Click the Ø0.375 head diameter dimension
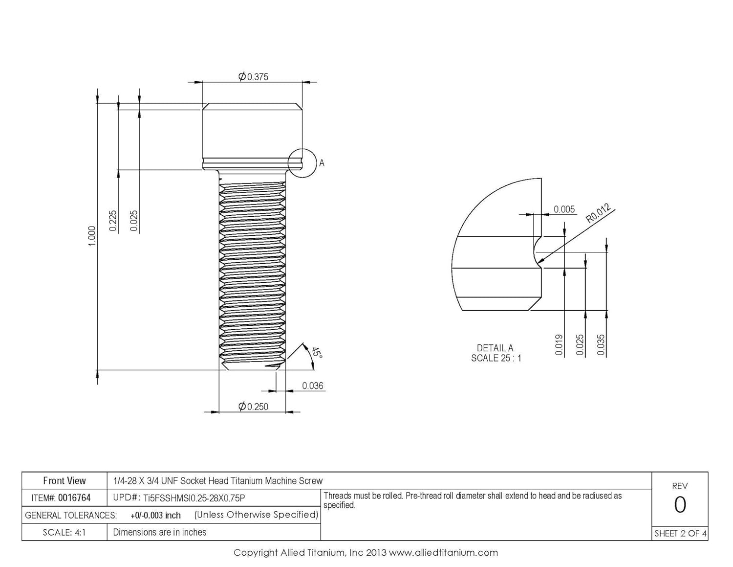tap(253, 77)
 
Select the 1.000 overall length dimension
tap(92, 236)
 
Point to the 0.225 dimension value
tap(113, 221)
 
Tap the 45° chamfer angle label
tap(316, 353)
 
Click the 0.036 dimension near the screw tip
tap(312, 386)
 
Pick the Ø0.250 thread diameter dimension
tap(253, 407)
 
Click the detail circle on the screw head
tap(302, 163)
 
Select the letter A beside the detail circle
tap(322, 163)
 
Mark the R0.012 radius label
tap(599, 214)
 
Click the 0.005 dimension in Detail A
tap(564, 209)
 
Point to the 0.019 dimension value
tap(559, 345)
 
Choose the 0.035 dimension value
tap(601, 345)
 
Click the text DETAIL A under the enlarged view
tap(495, 348)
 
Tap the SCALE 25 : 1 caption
tap(496, 358)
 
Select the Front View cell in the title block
tap(64, 481)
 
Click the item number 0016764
tap(74, 498)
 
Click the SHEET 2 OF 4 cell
tap(680, 533)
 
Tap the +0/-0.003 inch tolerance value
tap(155, 515)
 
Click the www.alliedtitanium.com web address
tap(443, 553)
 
